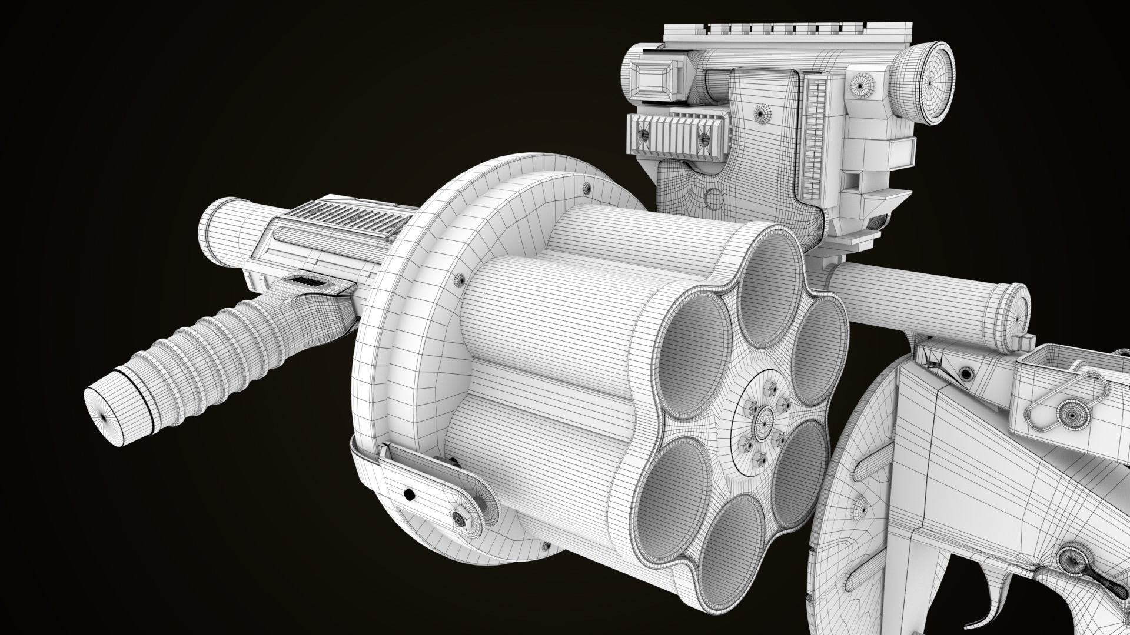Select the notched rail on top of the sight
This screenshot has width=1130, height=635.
pyautogui.click(x=783, y=29)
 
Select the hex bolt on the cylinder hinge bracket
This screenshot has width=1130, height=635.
pyautogui.click(x=458, y=519)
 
